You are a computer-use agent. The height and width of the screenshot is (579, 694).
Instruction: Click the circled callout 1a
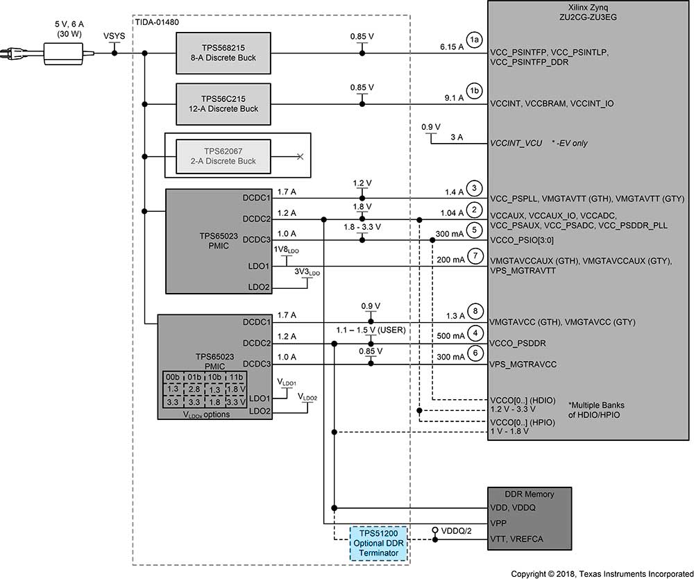point(475,41)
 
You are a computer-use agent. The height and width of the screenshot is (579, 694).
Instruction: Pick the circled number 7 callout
point(475,254)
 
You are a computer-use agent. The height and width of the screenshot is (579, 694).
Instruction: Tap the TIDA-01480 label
point(158,22)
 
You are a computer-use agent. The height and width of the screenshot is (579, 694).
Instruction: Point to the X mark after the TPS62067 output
point(300,157)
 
